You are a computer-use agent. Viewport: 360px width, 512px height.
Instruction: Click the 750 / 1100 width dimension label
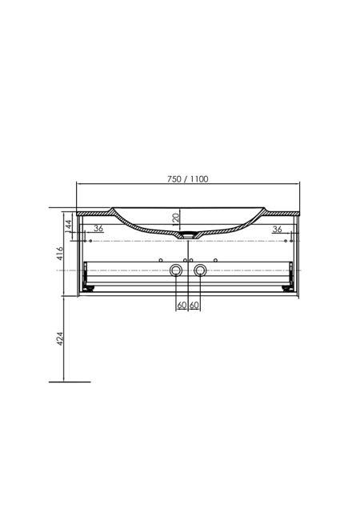coord(187,179)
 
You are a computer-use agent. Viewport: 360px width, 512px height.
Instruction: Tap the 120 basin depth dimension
coord(176,218)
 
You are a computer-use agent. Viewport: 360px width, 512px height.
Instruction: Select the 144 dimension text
coord(68,226)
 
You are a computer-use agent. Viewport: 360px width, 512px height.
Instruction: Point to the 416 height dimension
coord(60,254)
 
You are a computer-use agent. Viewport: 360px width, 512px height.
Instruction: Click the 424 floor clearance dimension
coord(60,339)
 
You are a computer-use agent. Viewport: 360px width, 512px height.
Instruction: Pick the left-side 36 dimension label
coord(98,228)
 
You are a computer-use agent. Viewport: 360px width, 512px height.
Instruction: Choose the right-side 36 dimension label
coord(277,230)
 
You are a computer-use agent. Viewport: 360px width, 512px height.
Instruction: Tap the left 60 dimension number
coord(182,305)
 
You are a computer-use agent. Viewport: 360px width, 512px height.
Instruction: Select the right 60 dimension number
coord(194,305)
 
